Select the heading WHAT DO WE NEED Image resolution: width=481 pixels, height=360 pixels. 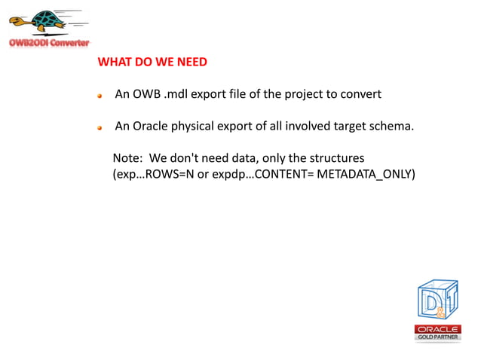click(x=152, y=62)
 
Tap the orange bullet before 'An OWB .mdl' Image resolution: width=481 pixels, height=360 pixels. click(x=100, y=96)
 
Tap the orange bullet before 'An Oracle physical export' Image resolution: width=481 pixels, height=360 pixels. click(x=100, y=127)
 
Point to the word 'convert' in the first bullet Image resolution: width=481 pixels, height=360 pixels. click(x=360, y=94)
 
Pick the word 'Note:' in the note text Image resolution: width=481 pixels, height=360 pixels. click(x=127, y=158)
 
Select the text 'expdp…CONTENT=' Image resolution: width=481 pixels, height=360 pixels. click(x=259, y=174)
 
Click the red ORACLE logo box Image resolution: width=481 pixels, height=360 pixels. click(x=437, y=329)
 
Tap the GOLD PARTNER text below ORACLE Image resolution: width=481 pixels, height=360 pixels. click(x=437, y=337)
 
